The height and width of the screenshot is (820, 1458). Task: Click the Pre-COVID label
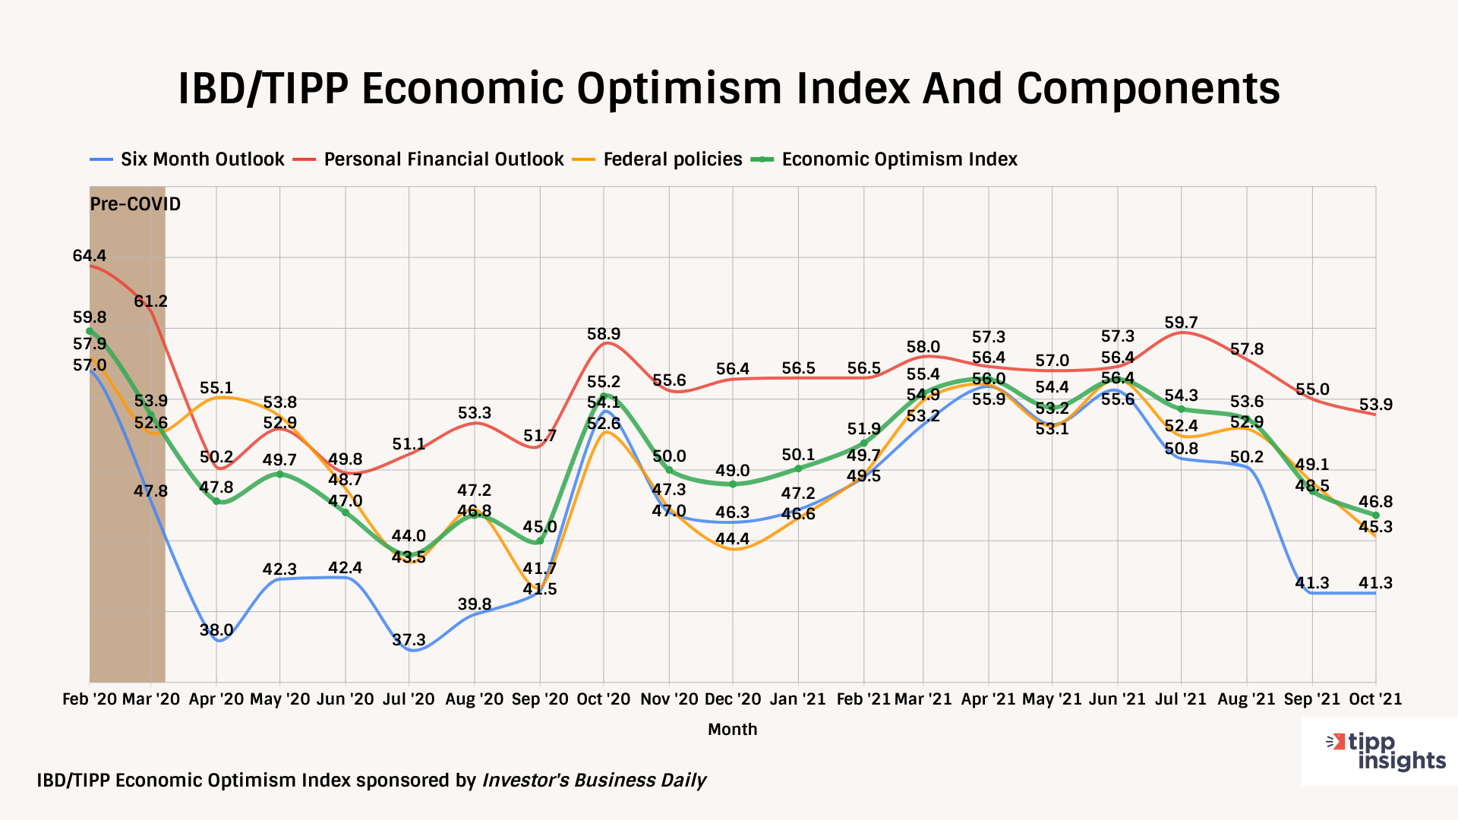135,204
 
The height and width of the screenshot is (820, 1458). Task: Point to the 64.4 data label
89,256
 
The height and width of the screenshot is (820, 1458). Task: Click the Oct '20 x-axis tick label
604,699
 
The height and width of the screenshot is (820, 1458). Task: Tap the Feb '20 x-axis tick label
90,699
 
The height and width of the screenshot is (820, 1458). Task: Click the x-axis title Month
732,730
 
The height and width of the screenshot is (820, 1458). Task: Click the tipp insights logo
1386,752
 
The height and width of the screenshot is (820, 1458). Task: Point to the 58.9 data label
604,334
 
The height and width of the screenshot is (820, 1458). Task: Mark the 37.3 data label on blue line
409,640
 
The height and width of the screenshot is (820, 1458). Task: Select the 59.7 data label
1181,323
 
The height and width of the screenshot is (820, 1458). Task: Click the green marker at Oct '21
1375,516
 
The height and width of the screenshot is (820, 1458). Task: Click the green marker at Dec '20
733,484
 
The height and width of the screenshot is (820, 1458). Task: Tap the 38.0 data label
216,630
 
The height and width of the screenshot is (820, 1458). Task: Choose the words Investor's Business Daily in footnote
594,781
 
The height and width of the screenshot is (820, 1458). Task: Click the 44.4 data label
733,539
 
